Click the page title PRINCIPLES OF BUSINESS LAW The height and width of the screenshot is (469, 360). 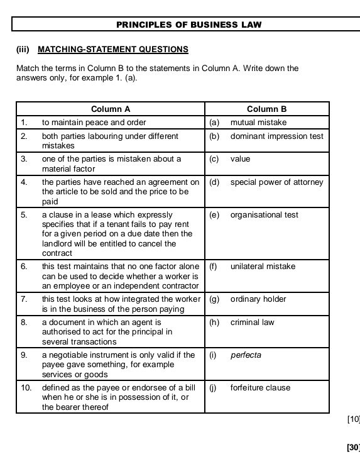pyautogui.click(x=189, y=25)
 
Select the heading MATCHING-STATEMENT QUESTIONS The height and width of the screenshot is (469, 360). pyautogui.click(x=113, y=49)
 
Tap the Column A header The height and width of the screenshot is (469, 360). pyautogui.click(x=110, y=109)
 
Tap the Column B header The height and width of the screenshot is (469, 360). pyautogui.click(x=266, y=109)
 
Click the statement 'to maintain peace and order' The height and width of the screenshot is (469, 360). pyautogui.click(x=94, y=123)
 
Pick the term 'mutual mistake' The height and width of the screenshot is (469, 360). pyautogui.click(x=258, y=123)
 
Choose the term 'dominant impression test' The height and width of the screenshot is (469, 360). pyautogui.click(x=276, y=136)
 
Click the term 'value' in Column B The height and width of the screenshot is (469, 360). pyautogui.click(x=240, y=159)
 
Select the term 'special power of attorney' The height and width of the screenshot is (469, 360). pyautogui.click(x=276, y=182)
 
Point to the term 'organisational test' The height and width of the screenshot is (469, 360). pyautogui.click(x=265, y=215)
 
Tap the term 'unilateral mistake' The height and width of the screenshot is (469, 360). pyautogui.click(x=263, y=267)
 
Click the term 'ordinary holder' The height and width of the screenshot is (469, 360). pyautogui.click(x=258, y=299)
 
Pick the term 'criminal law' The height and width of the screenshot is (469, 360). pyautogui.click(x=253, y=323)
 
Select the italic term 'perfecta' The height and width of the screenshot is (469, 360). pyautogui.click(x=246, y=355)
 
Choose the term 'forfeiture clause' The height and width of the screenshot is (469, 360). pyautogui.click(x=260, y=388)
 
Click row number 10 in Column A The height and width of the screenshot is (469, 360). pyautogui.click(x=26, y=388)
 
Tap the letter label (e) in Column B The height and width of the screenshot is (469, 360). pyautogui.click(x=214, y=215)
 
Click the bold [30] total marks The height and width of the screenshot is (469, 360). pyautogui.click(x=353, y=448)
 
